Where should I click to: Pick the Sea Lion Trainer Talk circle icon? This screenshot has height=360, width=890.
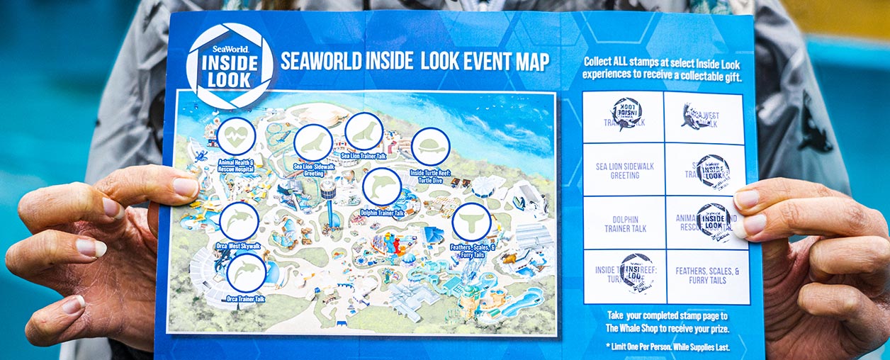364,132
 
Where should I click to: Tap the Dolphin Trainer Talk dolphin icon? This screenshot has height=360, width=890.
382,187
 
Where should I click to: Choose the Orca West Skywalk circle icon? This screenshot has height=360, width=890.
239,221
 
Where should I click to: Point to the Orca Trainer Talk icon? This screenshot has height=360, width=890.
247,273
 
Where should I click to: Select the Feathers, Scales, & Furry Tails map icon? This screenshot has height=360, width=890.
471,222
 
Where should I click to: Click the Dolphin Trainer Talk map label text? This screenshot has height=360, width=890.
382,213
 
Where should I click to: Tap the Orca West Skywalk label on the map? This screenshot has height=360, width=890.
238,246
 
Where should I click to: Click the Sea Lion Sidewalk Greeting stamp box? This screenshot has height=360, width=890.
624,171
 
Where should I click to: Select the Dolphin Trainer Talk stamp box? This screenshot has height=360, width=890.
624,223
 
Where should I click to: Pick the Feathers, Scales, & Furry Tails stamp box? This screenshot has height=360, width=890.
707,276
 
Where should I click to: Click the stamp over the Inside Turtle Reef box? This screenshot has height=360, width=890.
636,273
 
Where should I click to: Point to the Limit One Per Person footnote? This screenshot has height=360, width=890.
666,347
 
